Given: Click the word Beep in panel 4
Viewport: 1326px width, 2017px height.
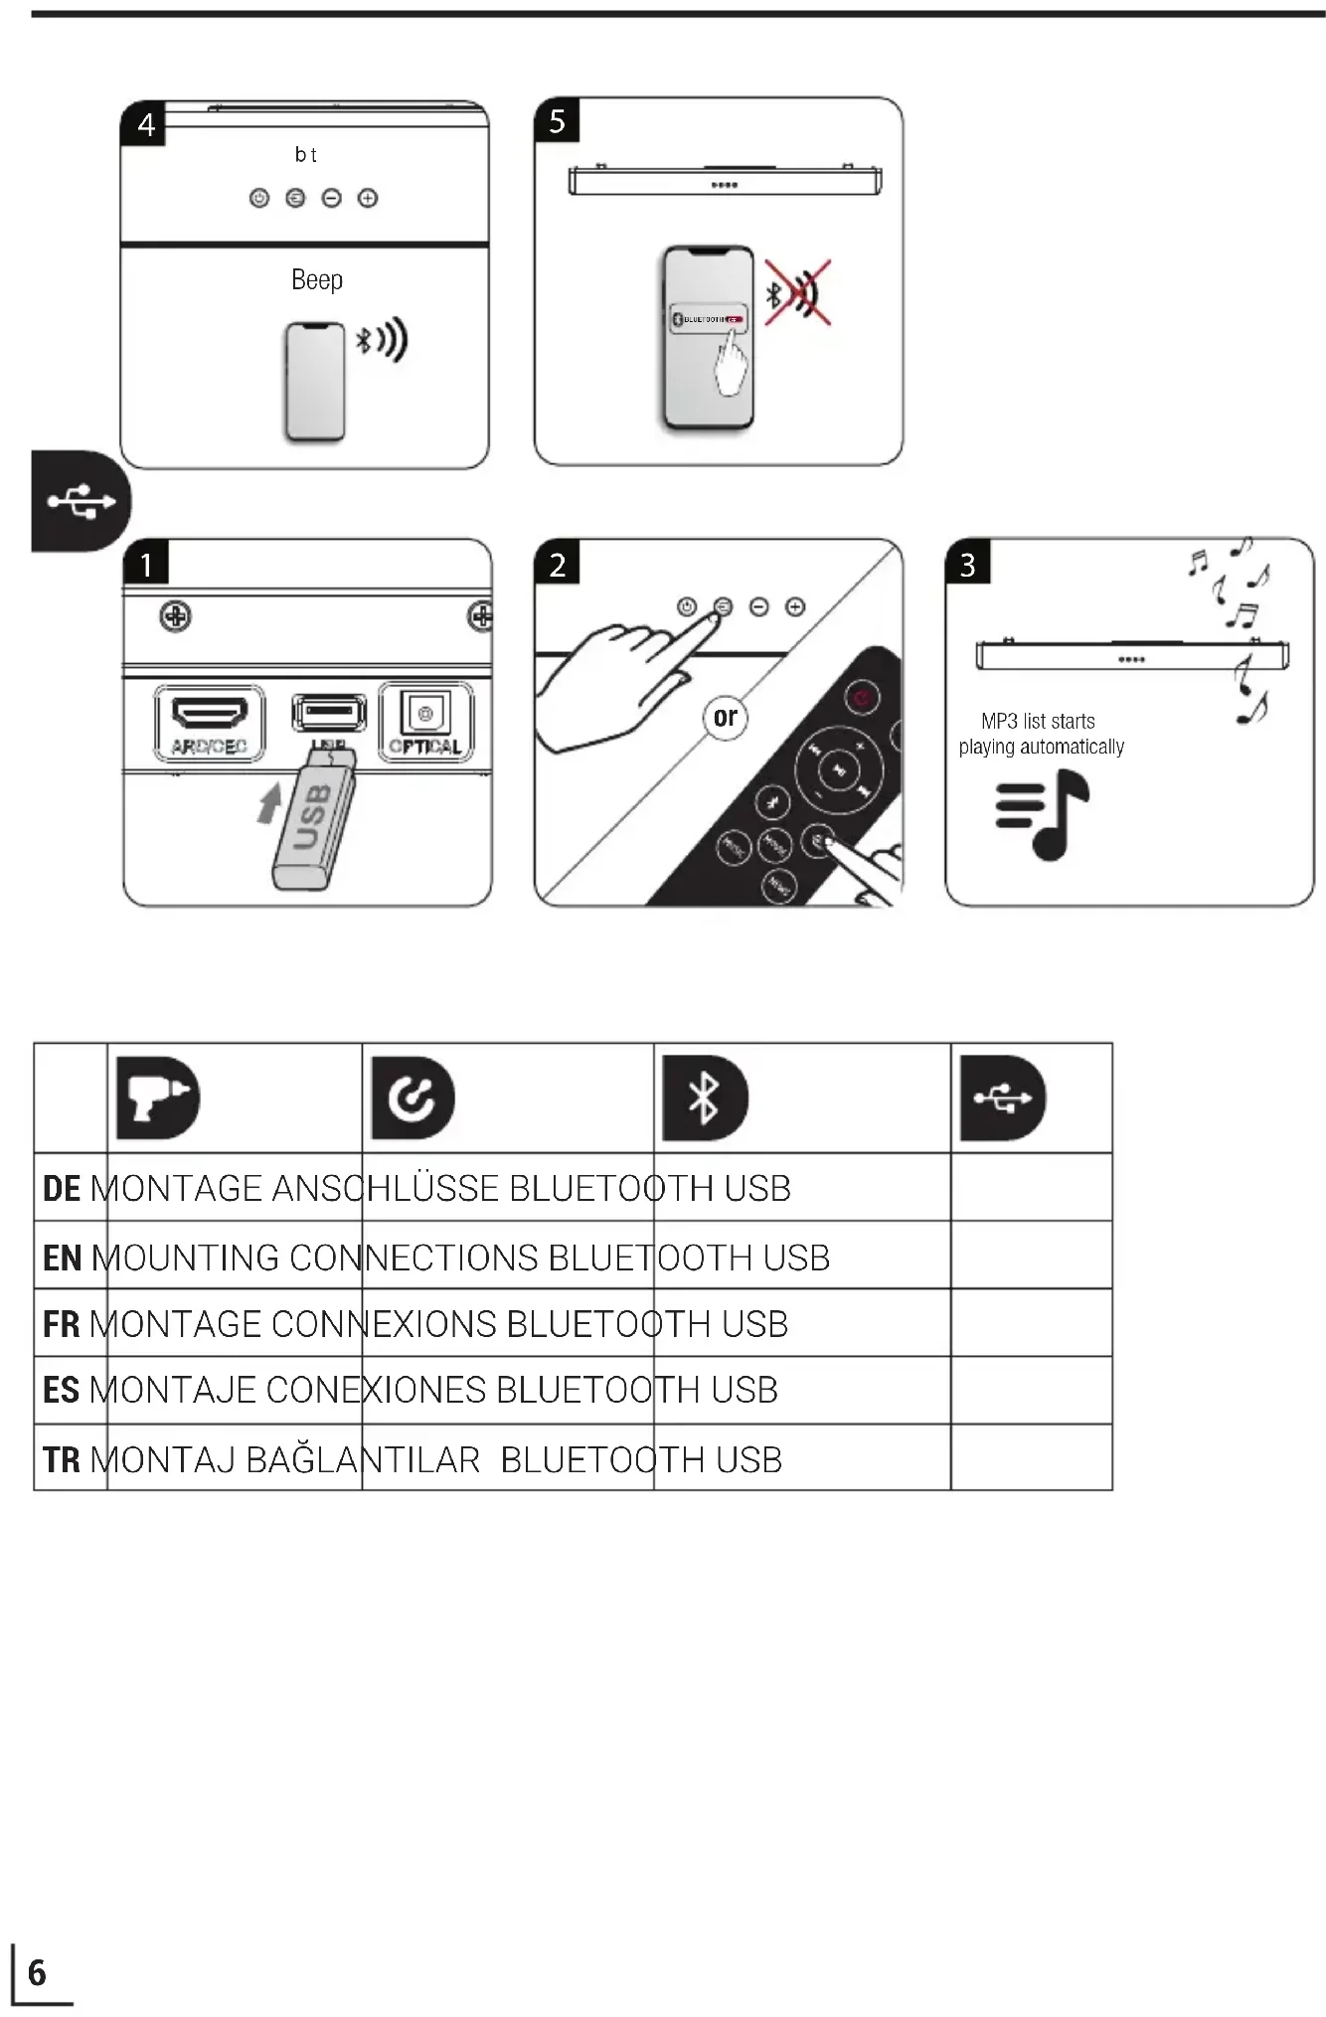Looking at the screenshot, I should (317, 280).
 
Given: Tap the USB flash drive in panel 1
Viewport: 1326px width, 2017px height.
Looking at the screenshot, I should (314, 820).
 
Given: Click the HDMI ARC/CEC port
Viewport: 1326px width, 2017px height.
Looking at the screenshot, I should (210, 724).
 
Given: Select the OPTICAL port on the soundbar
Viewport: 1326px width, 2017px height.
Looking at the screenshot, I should (425, 723).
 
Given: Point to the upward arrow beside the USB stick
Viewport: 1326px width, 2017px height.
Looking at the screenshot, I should (269, 802).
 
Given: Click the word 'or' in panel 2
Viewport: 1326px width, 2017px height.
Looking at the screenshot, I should (726, 717).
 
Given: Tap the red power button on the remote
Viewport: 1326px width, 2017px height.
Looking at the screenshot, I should (862, 698).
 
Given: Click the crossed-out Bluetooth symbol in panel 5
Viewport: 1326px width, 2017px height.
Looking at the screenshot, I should (797, 293).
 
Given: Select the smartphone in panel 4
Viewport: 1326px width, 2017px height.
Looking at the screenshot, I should (315, 381).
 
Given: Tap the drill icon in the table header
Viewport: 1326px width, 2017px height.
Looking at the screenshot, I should (158, 1097).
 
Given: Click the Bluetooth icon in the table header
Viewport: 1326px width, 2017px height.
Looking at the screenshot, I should (705, 1097).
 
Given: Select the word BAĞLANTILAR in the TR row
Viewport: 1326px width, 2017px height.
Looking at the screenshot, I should (363, 1460).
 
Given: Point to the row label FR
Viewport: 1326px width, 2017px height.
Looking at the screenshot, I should (62, 1325).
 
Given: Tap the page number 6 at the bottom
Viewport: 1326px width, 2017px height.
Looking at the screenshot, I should (37, 1972).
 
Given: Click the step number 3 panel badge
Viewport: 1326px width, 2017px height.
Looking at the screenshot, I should (967, 565).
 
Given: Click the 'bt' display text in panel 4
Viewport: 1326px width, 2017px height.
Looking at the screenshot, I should (305, 155).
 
